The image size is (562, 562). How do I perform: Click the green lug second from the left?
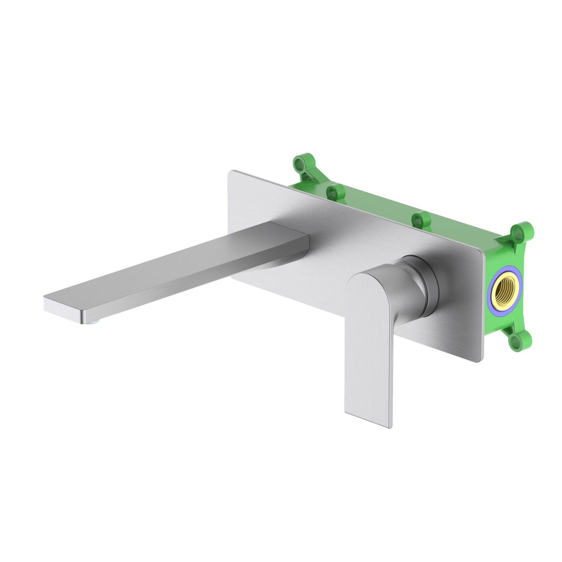(333, 191)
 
